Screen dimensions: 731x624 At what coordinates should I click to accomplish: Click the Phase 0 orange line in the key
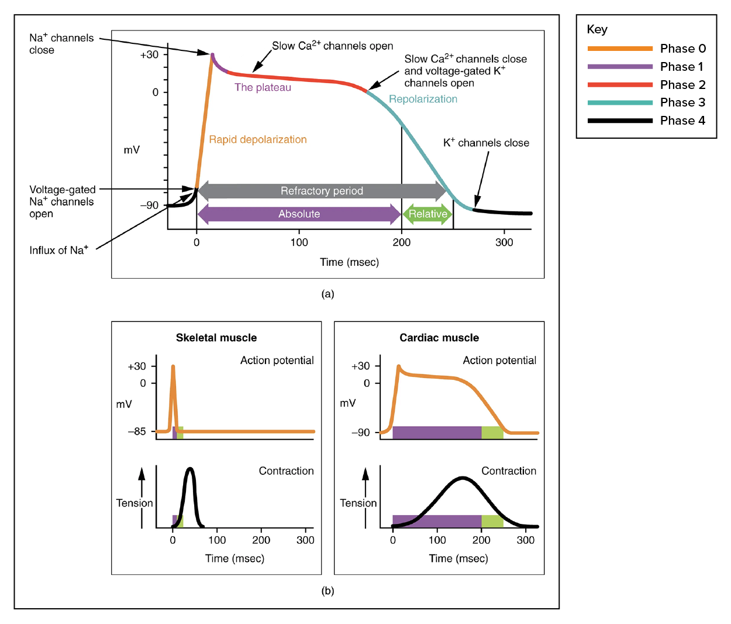point(620,49)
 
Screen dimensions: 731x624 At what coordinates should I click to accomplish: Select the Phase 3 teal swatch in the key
point(620,102)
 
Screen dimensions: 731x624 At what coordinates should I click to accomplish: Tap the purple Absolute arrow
point(299,214)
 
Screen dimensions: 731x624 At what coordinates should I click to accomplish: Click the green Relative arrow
point(427,214)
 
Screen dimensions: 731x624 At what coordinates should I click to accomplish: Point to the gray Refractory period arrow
point(322,191)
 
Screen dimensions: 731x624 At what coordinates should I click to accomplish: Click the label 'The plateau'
point(263,87)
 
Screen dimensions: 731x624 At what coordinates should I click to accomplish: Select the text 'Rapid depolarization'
point(258,139)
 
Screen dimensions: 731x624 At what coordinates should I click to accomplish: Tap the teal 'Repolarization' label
point(423,99)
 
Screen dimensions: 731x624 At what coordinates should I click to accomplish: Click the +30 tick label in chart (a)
point(149,54)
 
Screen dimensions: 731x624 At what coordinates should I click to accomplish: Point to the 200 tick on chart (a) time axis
point(401,242)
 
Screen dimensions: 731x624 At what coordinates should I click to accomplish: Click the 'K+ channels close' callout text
point(487,143)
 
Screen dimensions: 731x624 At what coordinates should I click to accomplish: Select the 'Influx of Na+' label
point(58,250)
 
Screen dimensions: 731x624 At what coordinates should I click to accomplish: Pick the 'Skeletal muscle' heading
point(216,338)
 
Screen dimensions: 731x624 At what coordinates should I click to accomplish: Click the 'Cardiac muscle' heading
point(439,338)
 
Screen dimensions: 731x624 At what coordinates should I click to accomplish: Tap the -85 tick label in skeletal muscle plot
point(137,431)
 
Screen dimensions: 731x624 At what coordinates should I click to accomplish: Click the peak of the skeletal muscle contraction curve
point(191,469)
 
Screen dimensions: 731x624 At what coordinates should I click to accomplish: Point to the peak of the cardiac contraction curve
point(462,478)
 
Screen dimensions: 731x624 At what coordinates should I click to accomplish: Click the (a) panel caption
point(327,294)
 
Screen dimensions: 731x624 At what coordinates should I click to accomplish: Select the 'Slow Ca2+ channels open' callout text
point(332,46)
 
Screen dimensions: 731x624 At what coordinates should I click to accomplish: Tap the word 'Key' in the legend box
point(597,29)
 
